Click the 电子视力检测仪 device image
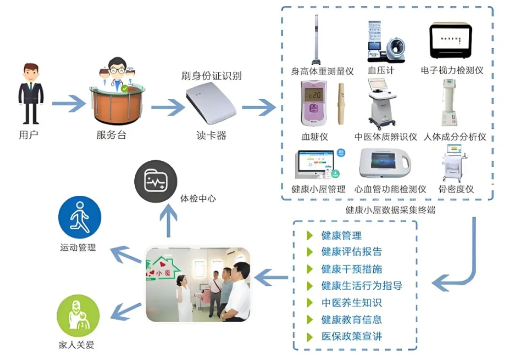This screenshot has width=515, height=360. [451, 42]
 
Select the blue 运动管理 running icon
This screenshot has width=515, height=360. [79, 217]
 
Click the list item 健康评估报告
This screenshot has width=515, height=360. [351, 252]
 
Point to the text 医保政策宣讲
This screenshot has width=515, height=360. [351, 337]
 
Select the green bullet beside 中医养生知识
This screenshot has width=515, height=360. [310, 302]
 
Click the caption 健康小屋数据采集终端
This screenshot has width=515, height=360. [390, 210]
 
